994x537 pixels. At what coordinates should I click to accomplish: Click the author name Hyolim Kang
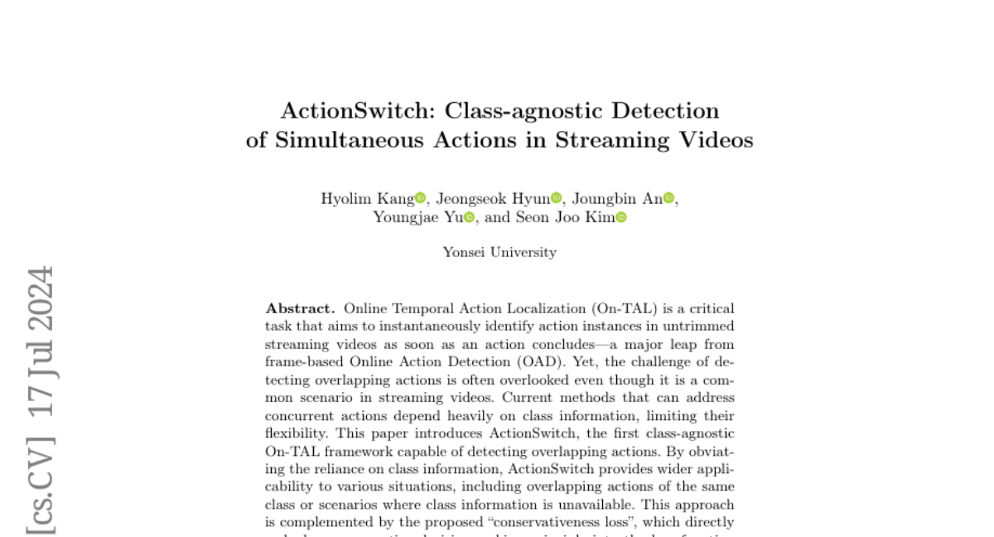tap(367, 198)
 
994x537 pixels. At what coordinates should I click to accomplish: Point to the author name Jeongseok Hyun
tap(493, 198)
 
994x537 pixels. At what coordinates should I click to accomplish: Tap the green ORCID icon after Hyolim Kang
tap(420, 198)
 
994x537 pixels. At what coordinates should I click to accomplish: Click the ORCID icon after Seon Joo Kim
tap(621, 217)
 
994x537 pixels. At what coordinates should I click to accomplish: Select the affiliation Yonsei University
tap(499, 252)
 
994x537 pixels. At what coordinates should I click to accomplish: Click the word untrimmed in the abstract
tap(705, 327)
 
